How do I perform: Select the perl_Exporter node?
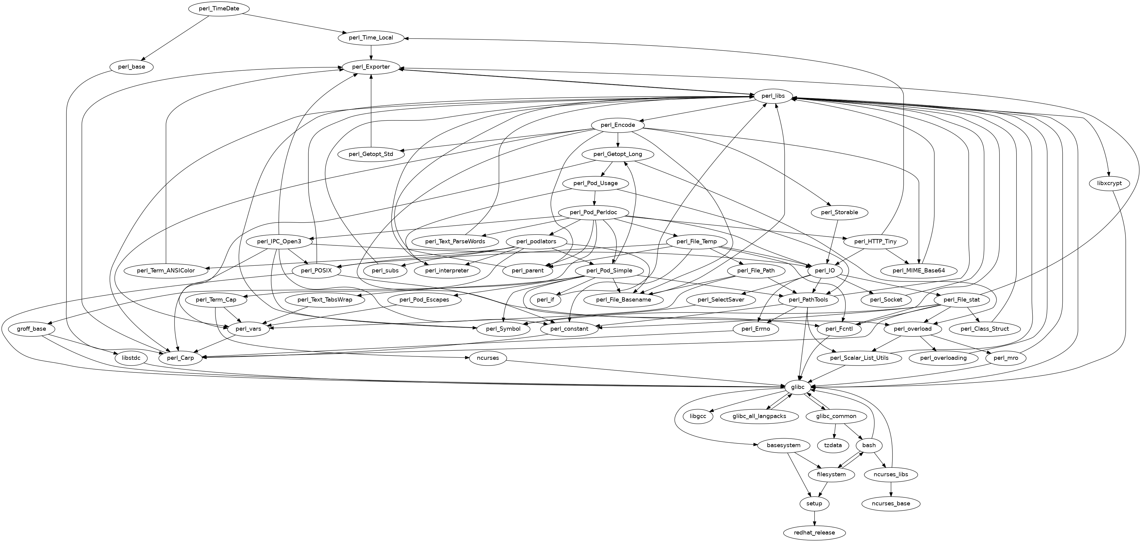[x=371, y=67]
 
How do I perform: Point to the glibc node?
[x=797, y=387]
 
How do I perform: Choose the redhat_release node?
[x=814, y=533]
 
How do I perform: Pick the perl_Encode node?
[x=618, y=125]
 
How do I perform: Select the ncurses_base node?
[x=891, y=503]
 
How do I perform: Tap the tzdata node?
[x=833, y=445]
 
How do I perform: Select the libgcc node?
[x=698, y=416]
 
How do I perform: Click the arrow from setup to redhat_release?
[x=814, y=518]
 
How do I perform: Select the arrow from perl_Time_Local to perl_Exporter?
[x=371, y=52]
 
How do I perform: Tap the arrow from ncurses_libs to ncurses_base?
[x=891, y=489]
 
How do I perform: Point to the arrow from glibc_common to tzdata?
[x=835, y=430]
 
